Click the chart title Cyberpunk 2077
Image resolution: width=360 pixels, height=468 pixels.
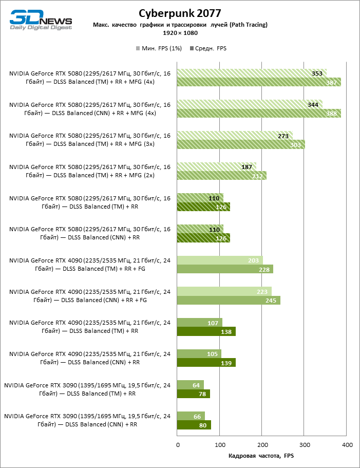pos(180,13)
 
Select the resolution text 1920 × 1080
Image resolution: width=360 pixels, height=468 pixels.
pos(180,33)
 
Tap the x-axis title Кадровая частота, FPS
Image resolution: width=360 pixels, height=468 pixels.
pos(261,456)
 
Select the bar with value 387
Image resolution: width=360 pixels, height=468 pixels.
pos(259,82)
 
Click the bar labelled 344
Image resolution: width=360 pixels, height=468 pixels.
pos(250,104)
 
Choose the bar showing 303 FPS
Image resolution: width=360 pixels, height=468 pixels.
pos(241,144)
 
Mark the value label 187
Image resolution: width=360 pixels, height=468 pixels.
pos(247,167)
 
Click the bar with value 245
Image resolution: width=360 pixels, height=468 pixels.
pos(229,301)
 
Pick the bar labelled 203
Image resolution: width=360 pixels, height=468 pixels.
pos(220,260)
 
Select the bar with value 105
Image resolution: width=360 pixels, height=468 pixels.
pos(199,354)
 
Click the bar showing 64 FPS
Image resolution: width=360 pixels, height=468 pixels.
pos(191,385)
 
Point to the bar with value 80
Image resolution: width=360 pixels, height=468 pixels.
pos(194,425)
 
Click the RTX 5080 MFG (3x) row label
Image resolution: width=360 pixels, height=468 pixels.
pos(89,140)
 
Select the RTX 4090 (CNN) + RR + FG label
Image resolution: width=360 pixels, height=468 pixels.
pos(89,296)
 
